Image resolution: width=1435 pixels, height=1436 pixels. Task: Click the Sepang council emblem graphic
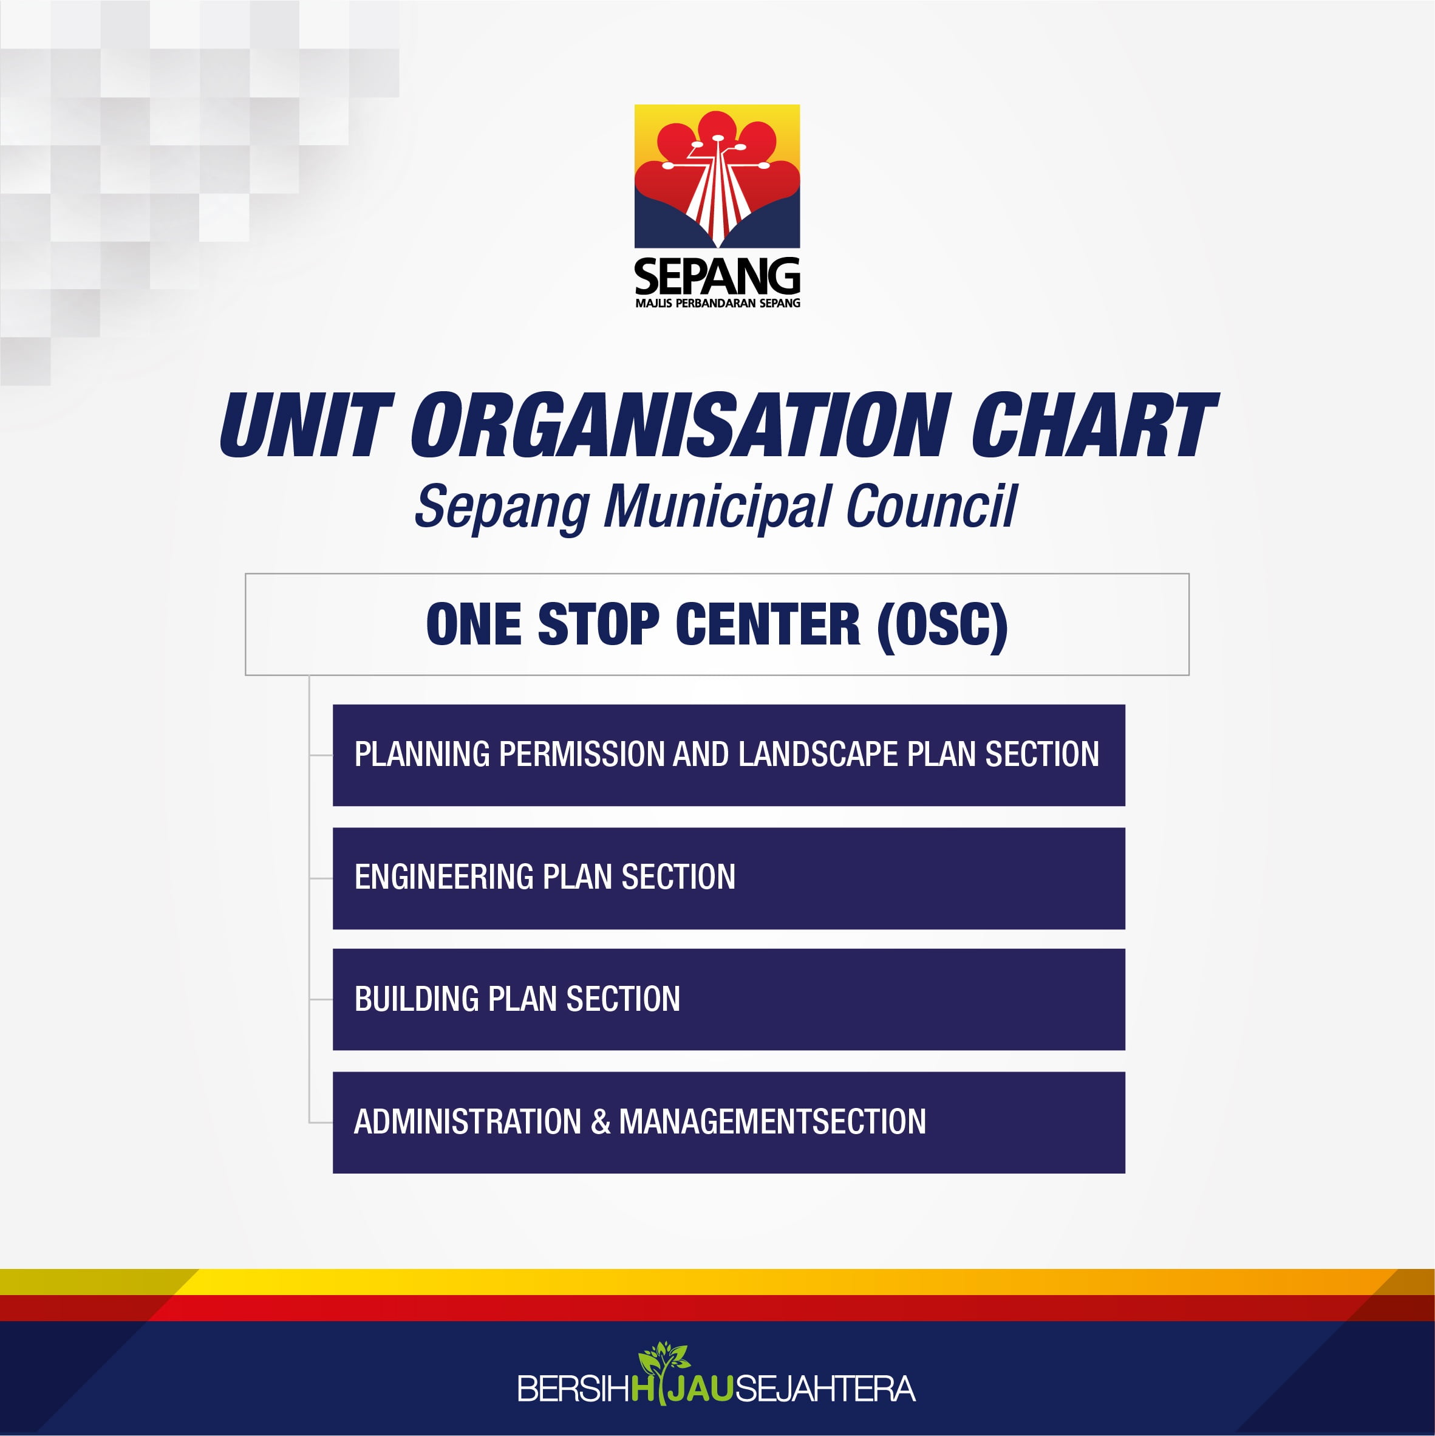coord(717,176)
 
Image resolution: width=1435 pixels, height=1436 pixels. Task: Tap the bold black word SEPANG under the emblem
coord(717,276)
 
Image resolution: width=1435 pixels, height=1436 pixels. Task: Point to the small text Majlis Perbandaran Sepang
coord(718,303)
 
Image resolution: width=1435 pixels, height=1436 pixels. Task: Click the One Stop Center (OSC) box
coord(717,624)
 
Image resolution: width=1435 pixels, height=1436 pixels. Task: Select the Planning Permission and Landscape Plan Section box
coord(728,755)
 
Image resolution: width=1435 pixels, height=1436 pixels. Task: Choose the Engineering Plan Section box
coord(728,878)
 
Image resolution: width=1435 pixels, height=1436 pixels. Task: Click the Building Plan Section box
coord(728,1000)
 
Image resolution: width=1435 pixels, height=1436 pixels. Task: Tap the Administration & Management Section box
coord(728,1123)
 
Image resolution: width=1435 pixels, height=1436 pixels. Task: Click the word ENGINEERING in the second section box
coord(445,877)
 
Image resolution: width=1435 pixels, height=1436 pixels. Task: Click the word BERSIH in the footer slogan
coord(573,1389)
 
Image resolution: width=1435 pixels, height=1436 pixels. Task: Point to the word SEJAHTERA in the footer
coord(825,1389)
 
